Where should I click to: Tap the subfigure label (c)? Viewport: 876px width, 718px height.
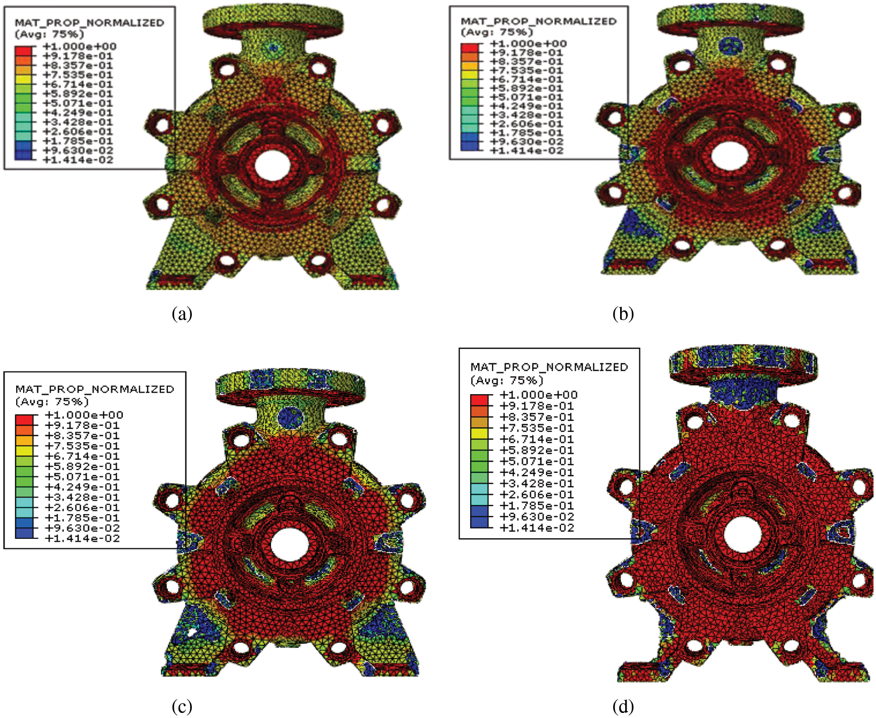coord(182,706)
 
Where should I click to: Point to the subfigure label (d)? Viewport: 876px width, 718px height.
coord(623,706)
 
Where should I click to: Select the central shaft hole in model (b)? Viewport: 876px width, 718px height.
coord(729,156)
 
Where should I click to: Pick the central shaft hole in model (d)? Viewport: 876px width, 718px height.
coord(742,534)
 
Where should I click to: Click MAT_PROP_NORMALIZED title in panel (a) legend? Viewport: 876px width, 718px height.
coord(89,23)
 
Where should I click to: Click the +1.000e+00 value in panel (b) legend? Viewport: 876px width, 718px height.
coord(528,44)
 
